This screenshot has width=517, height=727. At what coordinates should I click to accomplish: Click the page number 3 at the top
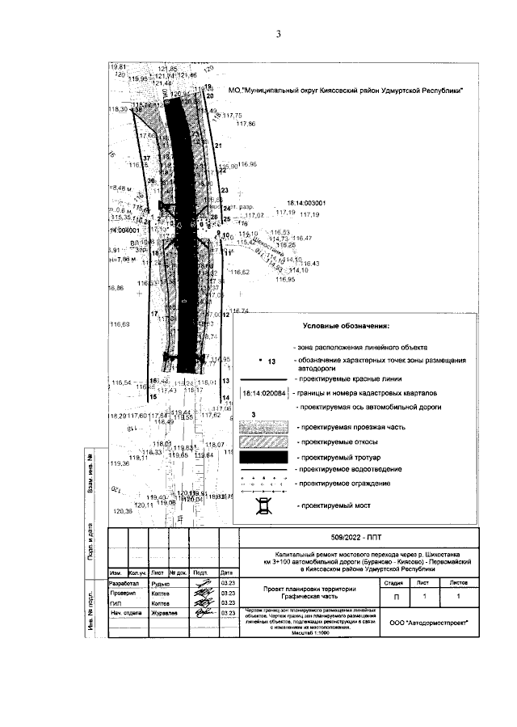pyautogui.click(x=277, y=34)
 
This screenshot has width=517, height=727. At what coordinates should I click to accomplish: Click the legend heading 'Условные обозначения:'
pyautogui.click(x=346, y=327)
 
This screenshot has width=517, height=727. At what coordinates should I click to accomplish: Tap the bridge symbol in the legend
pyautogui.click(x=263, y=508)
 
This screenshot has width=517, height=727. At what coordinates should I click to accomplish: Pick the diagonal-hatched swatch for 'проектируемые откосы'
pyautogui.click(x=263, y=442)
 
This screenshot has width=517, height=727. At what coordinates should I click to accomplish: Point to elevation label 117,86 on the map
pyautogui.click(x=246, y=124)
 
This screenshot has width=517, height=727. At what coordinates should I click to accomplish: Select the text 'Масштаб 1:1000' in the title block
pyautogui.click(x=310, y=636)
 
